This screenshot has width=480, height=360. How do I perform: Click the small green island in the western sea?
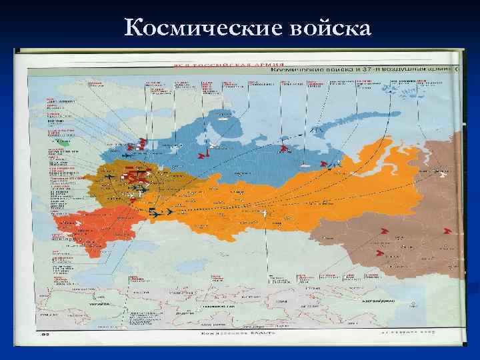[64, 141]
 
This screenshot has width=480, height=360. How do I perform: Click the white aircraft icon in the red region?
[78, 223]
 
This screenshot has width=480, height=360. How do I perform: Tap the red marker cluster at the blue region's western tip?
[141, 142]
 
